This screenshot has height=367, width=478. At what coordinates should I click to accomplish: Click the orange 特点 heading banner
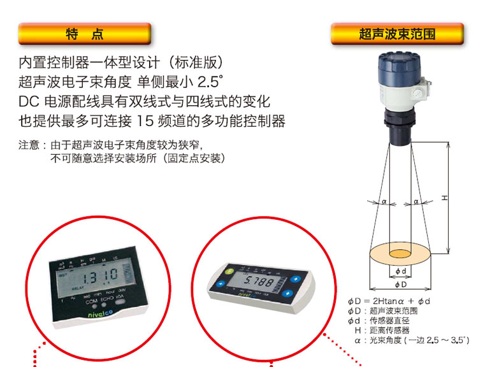click(85, 34)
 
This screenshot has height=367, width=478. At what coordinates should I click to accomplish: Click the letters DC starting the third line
click(29, 101)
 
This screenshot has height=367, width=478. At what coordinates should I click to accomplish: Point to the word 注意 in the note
click(29, 145)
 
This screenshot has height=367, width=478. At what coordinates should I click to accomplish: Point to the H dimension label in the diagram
click(445, 198)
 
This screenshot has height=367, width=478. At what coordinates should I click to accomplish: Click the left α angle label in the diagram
click(384, 201)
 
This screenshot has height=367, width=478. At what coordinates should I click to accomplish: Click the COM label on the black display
click(92, 301)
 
